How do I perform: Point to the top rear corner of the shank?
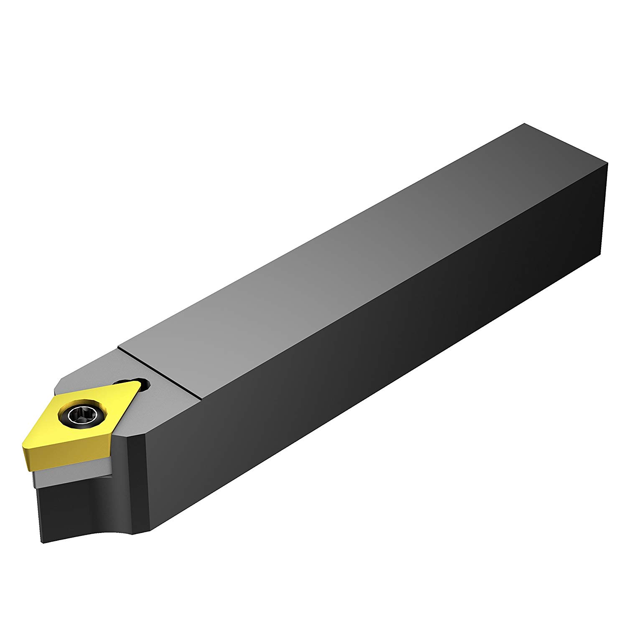tap(524, 124)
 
